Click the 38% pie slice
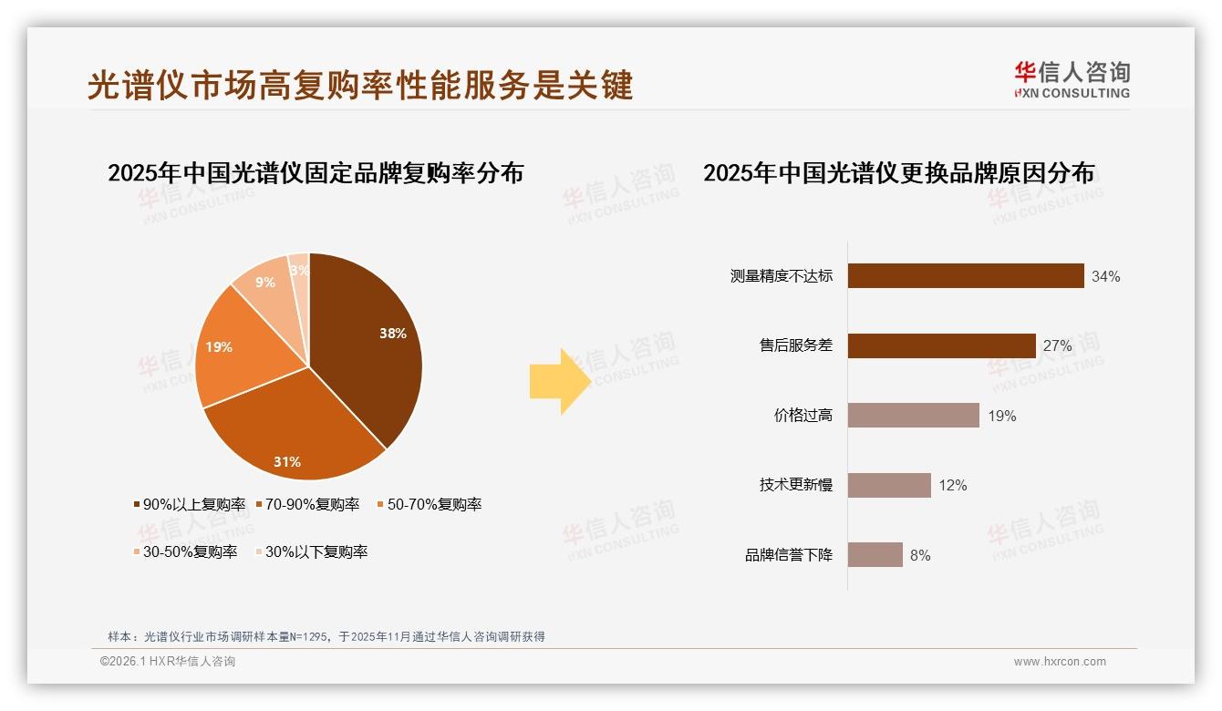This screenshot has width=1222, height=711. coord(369,346)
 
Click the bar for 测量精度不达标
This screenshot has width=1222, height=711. coord(965,276)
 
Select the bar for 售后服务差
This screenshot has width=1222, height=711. coord(941,346)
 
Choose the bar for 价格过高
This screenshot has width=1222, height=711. coord(913,416)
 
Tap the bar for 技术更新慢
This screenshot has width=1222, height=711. coord(889,485)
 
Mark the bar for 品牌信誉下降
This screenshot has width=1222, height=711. coord(875,554)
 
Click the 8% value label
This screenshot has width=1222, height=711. coord(920,555)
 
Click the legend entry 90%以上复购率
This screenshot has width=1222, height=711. coord(190,504)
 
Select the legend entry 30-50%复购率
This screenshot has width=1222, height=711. coord(185,551)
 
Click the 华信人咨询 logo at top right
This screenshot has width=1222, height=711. coord(1072,80)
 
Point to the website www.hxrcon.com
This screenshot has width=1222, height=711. coord(1060,662)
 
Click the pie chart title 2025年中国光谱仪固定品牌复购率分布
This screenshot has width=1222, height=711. coord(316,172)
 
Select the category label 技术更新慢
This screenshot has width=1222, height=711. coord(795,485)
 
